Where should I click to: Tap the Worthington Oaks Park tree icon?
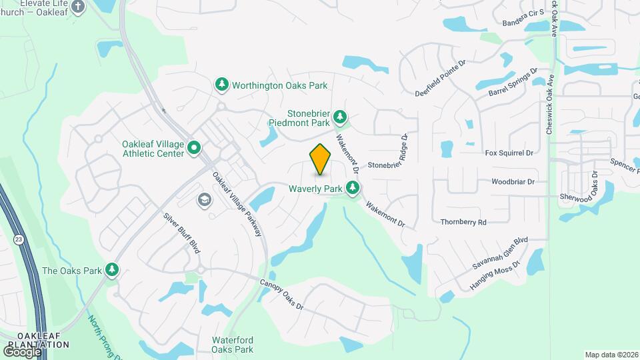click(x=222, y=85)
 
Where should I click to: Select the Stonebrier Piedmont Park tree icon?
click(x=341, y=118)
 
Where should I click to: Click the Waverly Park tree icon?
click(x=353, y=189)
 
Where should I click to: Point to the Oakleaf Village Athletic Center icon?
click(x=195, y=147)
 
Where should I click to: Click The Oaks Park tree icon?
click(x=113, y=270)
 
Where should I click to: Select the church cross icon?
click(x=78, y=7)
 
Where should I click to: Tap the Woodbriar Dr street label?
click(x=513, y=181)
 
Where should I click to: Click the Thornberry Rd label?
click(x=463, y=222)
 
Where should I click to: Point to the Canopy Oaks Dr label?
click(x=281, y=293)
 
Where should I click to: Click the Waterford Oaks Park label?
click(x=233, y=344)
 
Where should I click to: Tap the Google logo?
click(x=23, y=351)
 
